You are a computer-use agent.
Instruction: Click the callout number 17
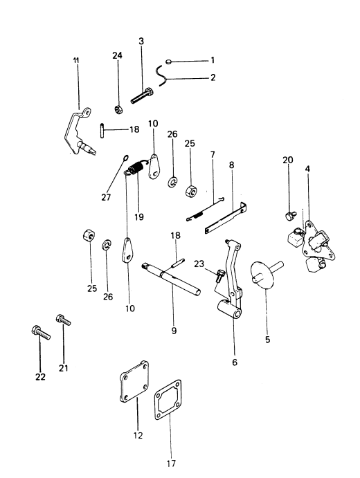[171, 463]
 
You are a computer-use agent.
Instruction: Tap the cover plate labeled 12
[134, 381]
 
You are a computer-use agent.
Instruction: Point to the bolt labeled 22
[41, 333]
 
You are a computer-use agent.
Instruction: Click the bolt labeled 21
[63, 320]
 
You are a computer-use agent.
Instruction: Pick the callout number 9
[174, 331]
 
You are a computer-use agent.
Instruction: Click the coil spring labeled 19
[136, 169]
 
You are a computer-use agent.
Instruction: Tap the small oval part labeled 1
[169, 62]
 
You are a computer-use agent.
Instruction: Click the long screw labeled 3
[142, 95]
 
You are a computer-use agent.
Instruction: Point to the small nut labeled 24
[118, 109]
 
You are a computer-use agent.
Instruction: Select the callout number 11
[76, 60]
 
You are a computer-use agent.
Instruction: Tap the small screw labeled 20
[289, 215]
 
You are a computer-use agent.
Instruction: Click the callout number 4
[307, 169]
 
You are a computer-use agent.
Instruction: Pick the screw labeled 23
[219, 275]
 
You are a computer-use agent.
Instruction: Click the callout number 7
[213, 154]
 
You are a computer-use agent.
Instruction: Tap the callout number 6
[235, 362]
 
